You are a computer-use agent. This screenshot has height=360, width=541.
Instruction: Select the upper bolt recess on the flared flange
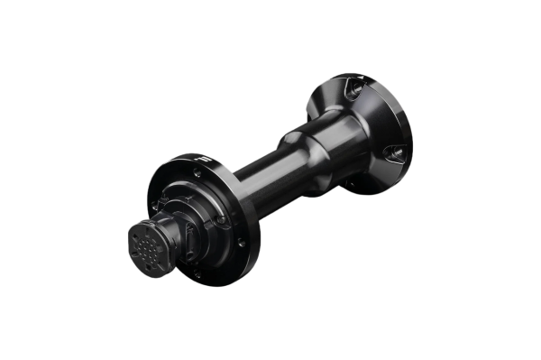(354, 89)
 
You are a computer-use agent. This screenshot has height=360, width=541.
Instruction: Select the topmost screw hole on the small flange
(196, 171)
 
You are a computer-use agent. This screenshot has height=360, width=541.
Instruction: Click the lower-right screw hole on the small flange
(240, 241)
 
